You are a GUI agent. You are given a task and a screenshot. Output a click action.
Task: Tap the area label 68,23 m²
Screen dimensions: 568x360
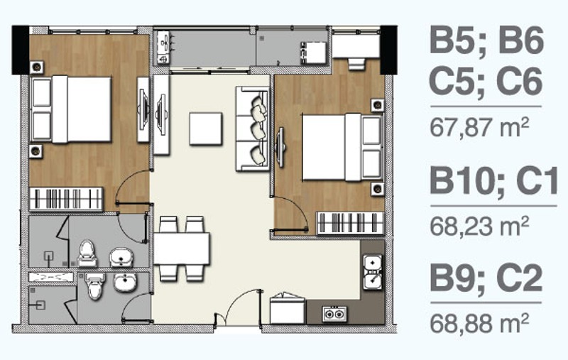[x=479, y=226]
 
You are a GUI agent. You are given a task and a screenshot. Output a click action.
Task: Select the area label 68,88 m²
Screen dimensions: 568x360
[x=479, y=322]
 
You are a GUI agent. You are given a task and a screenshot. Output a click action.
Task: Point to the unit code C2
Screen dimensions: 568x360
[x=520, y=278]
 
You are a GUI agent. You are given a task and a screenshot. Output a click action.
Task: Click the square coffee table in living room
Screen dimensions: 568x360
[x=206, y=129]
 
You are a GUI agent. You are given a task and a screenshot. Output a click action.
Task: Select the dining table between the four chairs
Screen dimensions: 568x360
[x=182, y=249]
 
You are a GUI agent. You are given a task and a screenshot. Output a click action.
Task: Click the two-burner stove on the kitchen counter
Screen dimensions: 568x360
[x=334, y=314]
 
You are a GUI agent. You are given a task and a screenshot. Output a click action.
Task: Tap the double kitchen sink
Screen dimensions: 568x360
[x=373, y=272]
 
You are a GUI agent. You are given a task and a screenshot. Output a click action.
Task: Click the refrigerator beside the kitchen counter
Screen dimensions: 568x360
[x=288, y=309]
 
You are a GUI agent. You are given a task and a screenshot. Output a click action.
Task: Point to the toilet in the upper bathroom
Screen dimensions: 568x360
[x=87, y=253]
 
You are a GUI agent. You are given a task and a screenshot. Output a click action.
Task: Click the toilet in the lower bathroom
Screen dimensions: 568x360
[x=95, y=286]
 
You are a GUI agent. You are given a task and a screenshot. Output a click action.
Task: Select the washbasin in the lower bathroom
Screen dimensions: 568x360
[x=126, y=283]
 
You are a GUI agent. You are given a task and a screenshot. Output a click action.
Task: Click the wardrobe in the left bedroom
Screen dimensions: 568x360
[x=66, y=199]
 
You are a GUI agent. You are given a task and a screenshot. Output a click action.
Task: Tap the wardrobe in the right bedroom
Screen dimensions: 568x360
[x=350, y=223]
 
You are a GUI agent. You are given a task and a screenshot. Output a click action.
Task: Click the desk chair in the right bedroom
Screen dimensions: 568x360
[x=356, y=64]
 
